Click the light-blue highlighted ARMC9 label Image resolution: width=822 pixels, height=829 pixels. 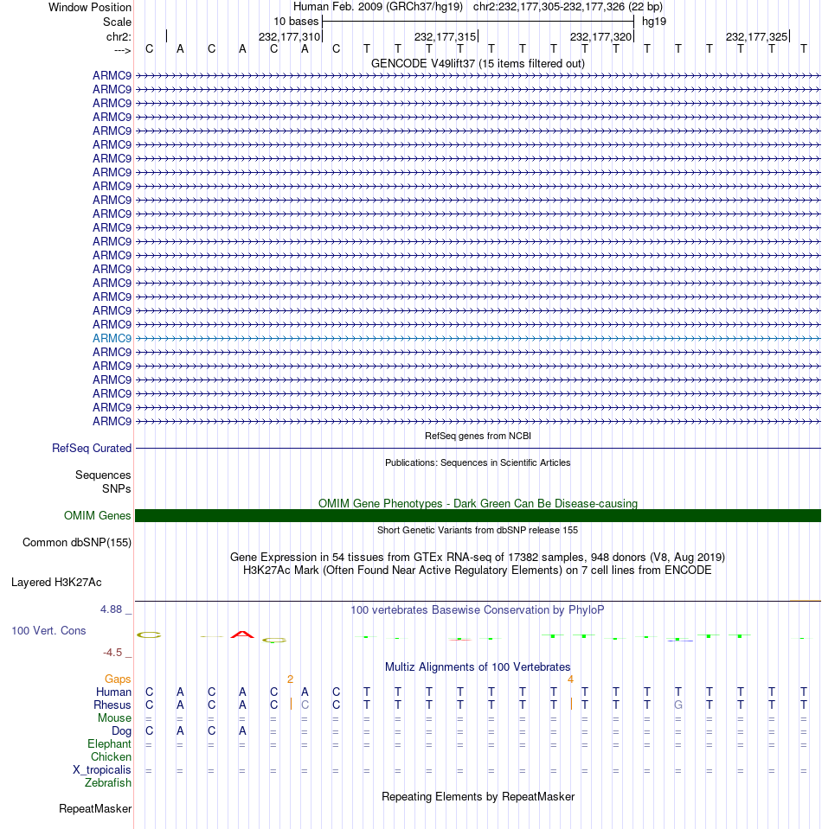click(x=112, y=338)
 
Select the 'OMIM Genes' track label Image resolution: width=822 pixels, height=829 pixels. click(x=98, y=515)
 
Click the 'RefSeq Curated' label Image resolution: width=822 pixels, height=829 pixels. click(x=92, y=448)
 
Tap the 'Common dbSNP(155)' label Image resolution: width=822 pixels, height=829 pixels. click(x=76, y=542)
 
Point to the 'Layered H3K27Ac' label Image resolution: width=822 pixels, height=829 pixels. click(x=71, y=582)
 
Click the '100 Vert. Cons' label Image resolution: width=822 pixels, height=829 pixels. click(x=48, y=630)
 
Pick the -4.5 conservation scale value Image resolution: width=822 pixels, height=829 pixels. click(x=115, y=652)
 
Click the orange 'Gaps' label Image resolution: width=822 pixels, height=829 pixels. click(x=118, y=679)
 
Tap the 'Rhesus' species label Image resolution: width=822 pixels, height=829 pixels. click(x=113, y=705)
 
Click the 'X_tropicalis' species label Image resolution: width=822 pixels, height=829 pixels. click(x=102, y=769)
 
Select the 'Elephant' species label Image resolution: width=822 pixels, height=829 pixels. click(x=109, y=743)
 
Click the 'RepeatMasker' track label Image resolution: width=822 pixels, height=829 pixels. click(x=95, y=809)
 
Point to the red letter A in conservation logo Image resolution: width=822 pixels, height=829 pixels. click(x=242, y=635)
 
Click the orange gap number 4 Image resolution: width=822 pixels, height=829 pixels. click(x=570, y=679)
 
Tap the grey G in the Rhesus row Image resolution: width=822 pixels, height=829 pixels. click(x=678, y=705)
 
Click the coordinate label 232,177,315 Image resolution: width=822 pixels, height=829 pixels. click(x=445, y=36)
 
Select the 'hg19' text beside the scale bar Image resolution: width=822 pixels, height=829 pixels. click(x=653, y=21)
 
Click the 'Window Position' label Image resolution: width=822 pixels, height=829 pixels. click(x=90, y=7)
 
